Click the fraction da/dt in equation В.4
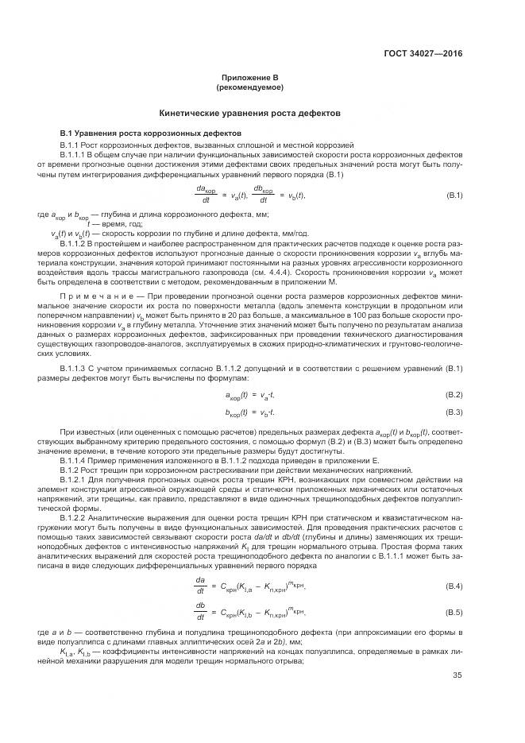pos(200,586)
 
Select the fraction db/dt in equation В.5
pos(200,611)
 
